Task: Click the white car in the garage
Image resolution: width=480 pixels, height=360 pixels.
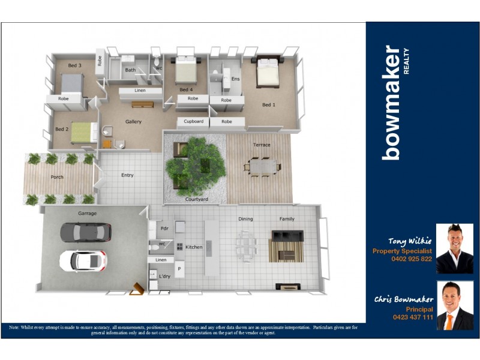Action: pyautogui.click(x=83, y=260)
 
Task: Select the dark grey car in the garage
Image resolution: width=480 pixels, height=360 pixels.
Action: pyautogui.click(x=86, y=232)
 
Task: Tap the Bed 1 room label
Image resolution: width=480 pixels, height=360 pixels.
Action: pyautogui.click(x=269, y=105)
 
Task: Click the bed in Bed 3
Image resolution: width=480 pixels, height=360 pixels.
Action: pyautogui.click(x=71, y=83)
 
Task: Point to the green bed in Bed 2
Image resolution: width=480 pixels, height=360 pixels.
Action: pyautogui.click(x=84, y=132)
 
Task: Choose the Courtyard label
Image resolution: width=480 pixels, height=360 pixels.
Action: pyautogui.click(x=196, y=199)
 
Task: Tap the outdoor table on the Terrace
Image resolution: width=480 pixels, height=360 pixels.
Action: pyautogui.click(x=261, y=166)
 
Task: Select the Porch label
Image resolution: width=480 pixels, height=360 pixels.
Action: pyautogui.click(x=57, y=177)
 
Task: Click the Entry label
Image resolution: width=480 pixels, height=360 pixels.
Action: pyautogui.click(x=127, y=175)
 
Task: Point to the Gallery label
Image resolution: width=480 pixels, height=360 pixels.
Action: pyautogui.click(x=133, y=122)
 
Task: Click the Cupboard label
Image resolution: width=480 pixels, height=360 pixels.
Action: pyautogui.click(x=193, y=122)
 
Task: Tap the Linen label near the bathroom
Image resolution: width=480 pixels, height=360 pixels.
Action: pyautogui.click(x=140, y=91)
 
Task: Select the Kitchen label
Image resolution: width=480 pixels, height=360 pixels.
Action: pyautogui.click(x=194, y=247)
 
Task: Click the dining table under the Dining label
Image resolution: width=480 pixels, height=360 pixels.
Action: pyautogui.click(x=246, y=245)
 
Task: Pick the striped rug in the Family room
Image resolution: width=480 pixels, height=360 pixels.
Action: pyautogui.click(x=286, y=246)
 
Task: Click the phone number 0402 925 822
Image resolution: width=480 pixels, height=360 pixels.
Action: pyautogui.click(x=411, y=259)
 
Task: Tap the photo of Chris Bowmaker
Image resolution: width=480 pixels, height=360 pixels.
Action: pyautogui.click(x=454, y=305)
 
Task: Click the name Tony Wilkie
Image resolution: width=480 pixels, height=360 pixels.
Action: pyautogui.click(x=410, y=241)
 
